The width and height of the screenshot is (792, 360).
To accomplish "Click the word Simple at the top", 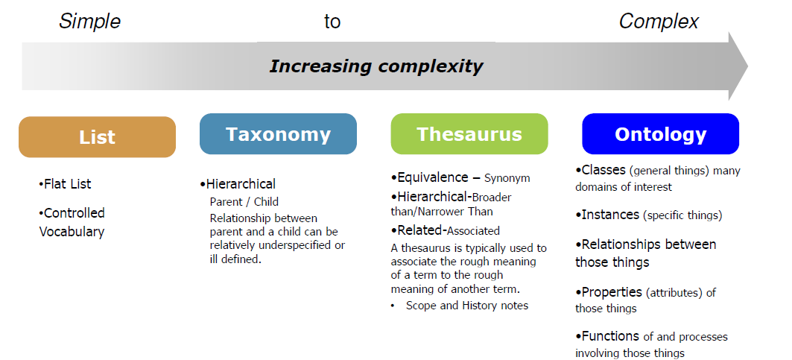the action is [x=90, y=22].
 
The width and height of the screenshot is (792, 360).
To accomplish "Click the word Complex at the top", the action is [x=659, y=22].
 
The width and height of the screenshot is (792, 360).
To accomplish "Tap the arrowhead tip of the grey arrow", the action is [x=747, y=66].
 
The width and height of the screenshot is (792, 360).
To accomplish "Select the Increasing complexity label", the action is [x=376, y=66].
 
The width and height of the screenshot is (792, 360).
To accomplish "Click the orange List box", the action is [x=97, y=137].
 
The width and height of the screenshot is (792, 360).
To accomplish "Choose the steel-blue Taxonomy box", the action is [x=279, y=134].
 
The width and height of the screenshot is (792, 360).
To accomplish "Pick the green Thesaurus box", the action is [x=469, y=134].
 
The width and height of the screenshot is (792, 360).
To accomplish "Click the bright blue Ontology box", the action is [x=661, y=134].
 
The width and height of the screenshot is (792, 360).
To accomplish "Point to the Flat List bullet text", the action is [x=65, y=184].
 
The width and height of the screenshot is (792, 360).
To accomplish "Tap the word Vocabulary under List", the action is [x=72, y=232].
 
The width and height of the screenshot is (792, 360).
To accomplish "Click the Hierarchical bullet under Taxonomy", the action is [x=238, y=184].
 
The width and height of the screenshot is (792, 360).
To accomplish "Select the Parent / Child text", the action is [x=244, y=202].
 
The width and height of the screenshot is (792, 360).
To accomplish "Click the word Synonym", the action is [x=507, y=178].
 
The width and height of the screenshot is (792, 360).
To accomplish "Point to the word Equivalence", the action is [x=433, y=177].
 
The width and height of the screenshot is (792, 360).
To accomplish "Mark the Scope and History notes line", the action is [x=467, y=306].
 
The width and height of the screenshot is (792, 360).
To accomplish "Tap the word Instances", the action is [x=610, y=215].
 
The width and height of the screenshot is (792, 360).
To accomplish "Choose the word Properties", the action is [x=612, y=292].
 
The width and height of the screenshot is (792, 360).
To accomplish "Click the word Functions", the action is [x=610, y=336].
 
